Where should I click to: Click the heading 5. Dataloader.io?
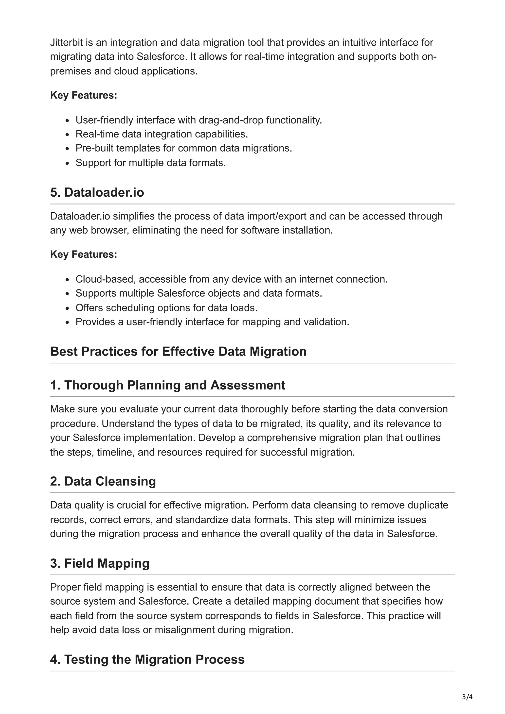point(97,192)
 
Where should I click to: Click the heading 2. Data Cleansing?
point(103,481)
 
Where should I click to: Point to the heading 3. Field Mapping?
point(100,563)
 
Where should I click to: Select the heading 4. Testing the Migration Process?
point(147,659)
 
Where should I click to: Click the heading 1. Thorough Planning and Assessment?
point(168,385)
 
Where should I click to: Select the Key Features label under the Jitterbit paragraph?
point(84,95)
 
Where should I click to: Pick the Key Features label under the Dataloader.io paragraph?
point(84,254)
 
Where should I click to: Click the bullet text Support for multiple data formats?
point(151,163)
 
